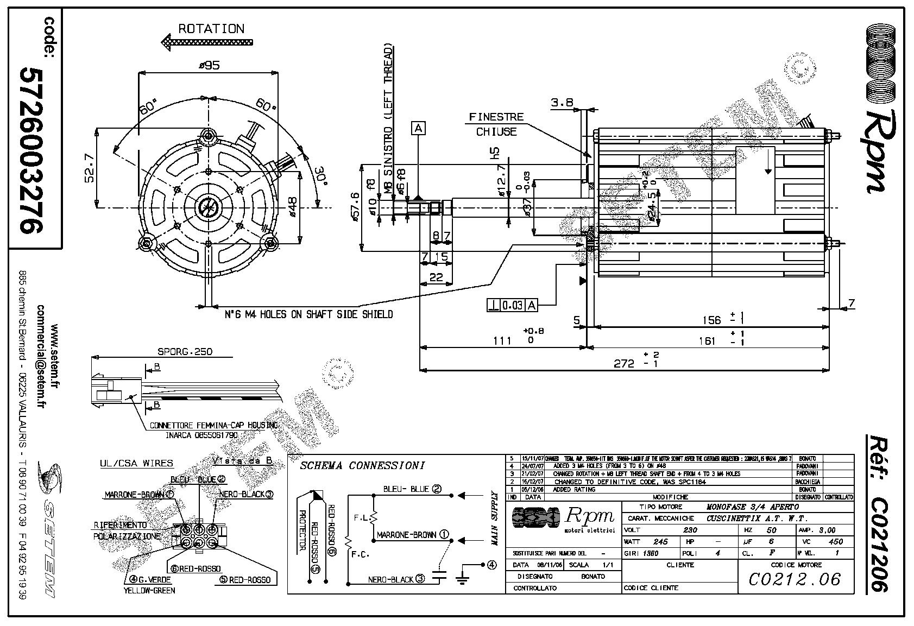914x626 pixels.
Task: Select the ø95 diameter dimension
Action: pyautogui.click(x=209, y=66)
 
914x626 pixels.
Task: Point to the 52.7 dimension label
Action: pyautogui.click(x=90, y=169)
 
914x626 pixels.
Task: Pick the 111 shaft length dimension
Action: pyautogui.click(x=502, y=340)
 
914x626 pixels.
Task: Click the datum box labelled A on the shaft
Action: pyautogui.click(x=418, y=128)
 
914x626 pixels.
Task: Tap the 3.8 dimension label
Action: pyautogui.click(x=562, y=102)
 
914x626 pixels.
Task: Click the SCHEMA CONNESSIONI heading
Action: pyautogui.click(x=362, y=465)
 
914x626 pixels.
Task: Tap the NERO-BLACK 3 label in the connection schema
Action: pyautogui.click(x=396, y=579)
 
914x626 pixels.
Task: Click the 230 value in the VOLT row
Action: pyautogui.click(x=689, y=530)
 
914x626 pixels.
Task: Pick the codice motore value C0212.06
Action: pyautogui.click(x=795, y=579)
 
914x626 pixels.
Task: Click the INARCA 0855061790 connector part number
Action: pyautogui.click(x=201, y=435)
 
